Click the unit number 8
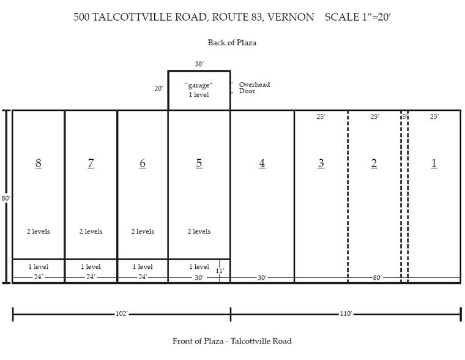pos(39,163)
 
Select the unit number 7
pos(91,163)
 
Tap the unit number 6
pos(143,163)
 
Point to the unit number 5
pos(199,163)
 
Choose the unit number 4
pos(262,163)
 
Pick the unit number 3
pos(321,163)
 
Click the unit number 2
pos(374,163)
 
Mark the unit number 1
pos(434,163)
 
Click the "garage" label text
pos(199,86)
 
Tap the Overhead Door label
pos(254,88)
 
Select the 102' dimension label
pos(121,314)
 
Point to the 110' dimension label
pos(346,314)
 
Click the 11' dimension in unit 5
pos(220,271)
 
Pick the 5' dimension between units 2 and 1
pos(404,116)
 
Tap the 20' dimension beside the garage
pos(158,88)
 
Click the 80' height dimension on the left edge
pos(4,198)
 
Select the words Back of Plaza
pos(231,43)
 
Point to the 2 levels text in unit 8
pos(39,231)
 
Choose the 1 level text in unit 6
pos(143,266)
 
